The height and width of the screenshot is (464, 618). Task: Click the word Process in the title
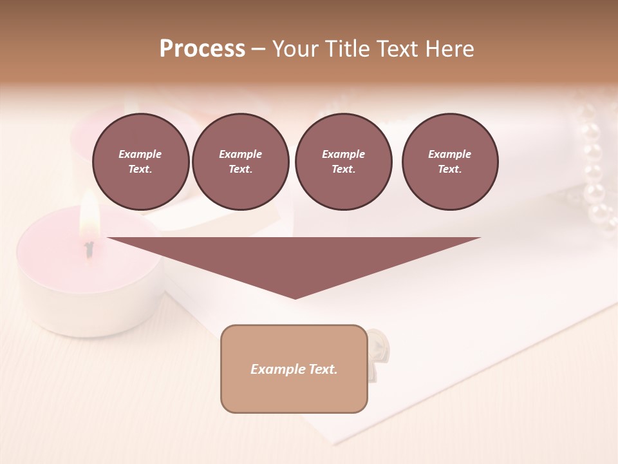(202, 49)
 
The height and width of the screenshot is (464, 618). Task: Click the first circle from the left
(140, 162)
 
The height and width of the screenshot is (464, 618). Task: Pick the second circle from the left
(240, 162)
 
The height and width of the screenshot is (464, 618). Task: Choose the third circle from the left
(343, 162)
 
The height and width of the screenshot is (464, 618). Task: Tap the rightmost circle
(450, 162)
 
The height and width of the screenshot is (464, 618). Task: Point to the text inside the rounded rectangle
(294, 369)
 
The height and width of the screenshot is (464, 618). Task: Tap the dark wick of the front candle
(89, 247)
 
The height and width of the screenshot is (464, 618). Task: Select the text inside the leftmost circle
(140, 162)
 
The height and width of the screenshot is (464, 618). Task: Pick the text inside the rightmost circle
(450, 162)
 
